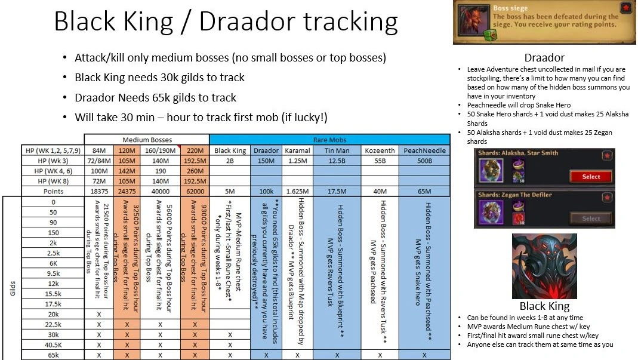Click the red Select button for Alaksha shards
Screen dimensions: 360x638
590,177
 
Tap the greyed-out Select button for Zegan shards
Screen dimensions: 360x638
590,219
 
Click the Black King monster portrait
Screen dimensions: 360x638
544,266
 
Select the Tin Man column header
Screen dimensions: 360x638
337,150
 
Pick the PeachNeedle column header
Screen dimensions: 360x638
424,150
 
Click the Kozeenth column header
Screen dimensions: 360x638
380,150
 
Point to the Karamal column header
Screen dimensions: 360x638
297,150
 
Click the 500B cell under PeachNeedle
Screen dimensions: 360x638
424,160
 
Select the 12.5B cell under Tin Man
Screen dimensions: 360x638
337,160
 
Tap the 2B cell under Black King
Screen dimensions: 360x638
230,160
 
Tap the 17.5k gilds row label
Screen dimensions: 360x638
54,304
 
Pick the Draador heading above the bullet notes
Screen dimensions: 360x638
544,58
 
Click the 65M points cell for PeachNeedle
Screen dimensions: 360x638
424,191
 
